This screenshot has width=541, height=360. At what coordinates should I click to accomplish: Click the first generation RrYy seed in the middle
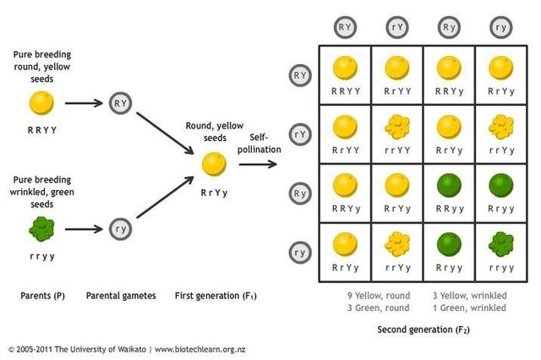tap(213, 162)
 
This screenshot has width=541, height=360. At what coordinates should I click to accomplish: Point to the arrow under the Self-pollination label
tap(258, 162)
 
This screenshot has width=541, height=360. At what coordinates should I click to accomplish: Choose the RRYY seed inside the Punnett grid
tap(346, 68)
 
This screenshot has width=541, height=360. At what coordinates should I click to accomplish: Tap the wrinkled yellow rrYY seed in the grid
tap(398, 127)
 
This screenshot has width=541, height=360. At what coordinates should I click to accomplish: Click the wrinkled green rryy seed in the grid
tap(502, 245)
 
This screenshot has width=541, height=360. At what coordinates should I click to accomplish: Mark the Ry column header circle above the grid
tap(450, 25)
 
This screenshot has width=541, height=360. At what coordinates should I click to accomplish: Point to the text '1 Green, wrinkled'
tap(470, 308)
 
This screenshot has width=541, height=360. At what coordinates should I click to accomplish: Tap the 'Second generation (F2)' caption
tap(423, 329)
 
